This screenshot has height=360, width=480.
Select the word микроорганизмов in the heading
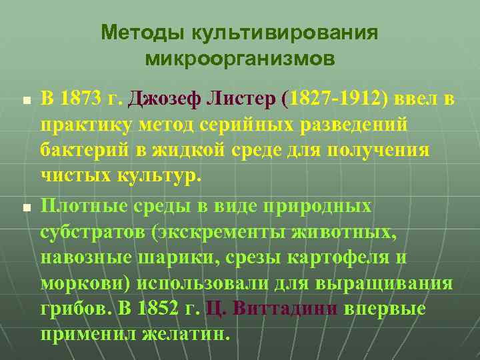[x=240, y=59]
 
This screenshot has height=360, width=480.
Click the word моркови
[x=85, y=283]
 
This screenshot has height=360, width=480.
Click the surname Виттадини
[x=280, y=309]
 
